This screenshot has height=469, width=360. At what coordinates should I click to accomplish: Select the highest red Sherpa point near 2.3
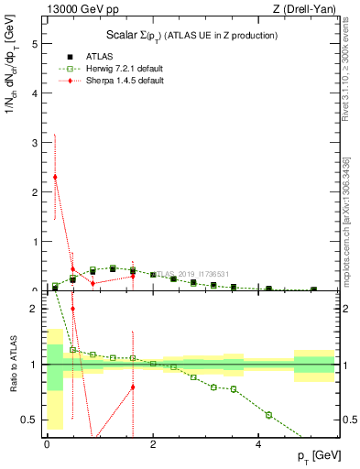pos(55,177)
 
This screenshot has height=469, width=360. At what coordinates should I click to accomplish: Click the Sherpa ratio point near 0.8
pos(133,387)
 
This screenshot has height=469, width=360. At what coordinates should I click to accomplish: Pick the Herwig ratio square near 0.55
pos(268,415)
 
